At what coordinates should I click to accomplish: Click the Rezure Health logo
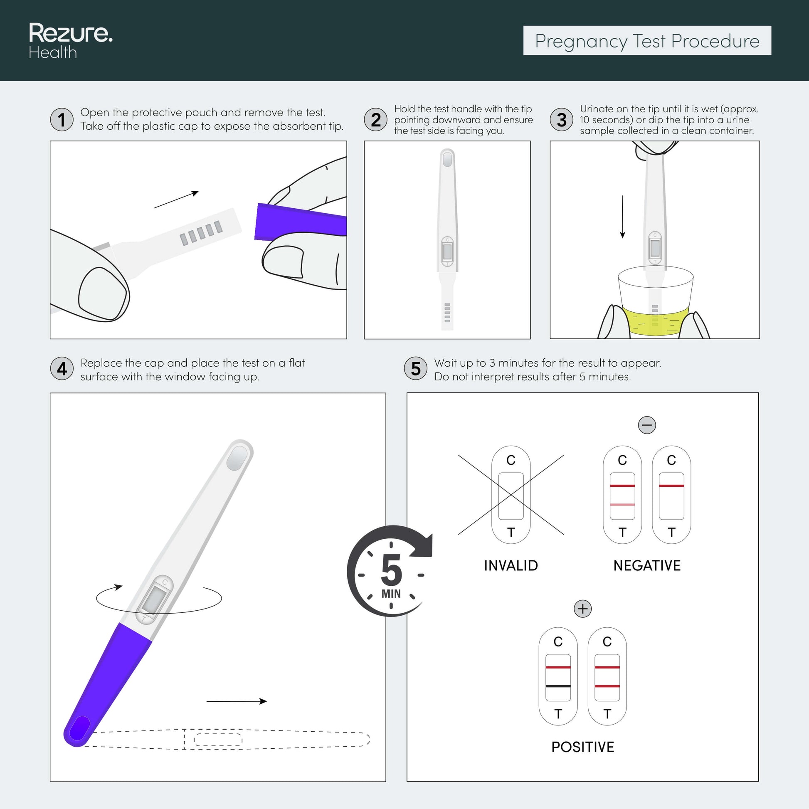point(70,41)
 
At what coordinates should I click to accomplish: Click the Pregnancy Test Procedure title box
point(647,41)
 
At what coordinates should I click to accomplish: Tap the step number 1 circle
point(62,119)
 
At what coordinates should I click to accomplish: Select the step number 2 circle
point(376,119)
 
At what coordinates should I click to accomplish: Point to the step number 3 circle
point(562,119)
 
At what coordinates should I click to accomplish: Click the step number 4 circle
point(62,368)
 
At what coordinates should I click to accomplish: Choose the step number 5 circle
point(416,368)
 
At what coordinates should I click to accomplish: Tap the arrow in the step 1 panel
point(176,199)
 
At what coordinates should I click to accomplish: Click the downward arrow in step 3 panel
point(622,217)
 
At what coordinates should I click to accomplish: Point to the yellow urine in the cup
point(655,321)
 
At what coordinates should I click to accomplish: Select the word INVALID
point(511,566)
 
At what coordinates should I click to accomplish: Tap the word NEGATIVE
point(647,566)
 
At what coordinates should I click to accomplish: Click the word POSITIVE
point(582,747)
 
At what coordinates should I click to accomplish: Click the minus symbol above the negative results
point(647,425)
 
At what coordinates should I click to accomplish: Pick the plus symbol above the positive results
point(582,609)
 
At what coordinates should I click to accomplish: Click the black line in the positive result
point(558,686)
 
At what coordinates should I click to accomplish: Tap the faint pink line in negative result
point(622,505)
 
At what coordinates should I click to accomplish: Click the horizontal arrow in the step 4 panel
point(237,701)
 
